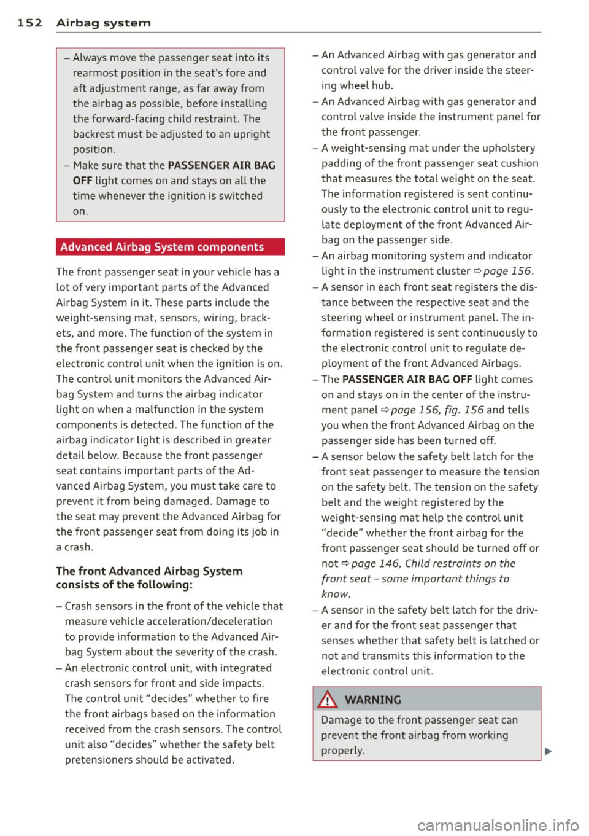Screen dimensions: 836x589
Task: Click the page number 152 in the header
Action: tap(29, 23)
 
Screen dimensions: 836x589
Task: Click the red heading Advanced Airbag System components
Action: tap(162, 247)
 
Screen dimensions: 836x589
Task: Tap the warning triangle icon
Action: tap(329, 700)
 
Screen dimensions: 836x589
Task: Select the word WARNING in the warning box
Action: tap(373, 700)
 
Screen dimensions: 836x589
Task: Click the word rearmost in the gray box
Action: tap(96, 73)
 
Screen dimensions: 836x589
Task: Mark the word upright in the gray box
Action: tap(250, 135)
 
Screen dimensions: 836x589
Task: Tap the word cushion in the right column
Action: tap(520, 163)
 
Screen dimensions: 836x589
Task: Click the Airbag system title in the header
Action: tap(103, 23)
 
